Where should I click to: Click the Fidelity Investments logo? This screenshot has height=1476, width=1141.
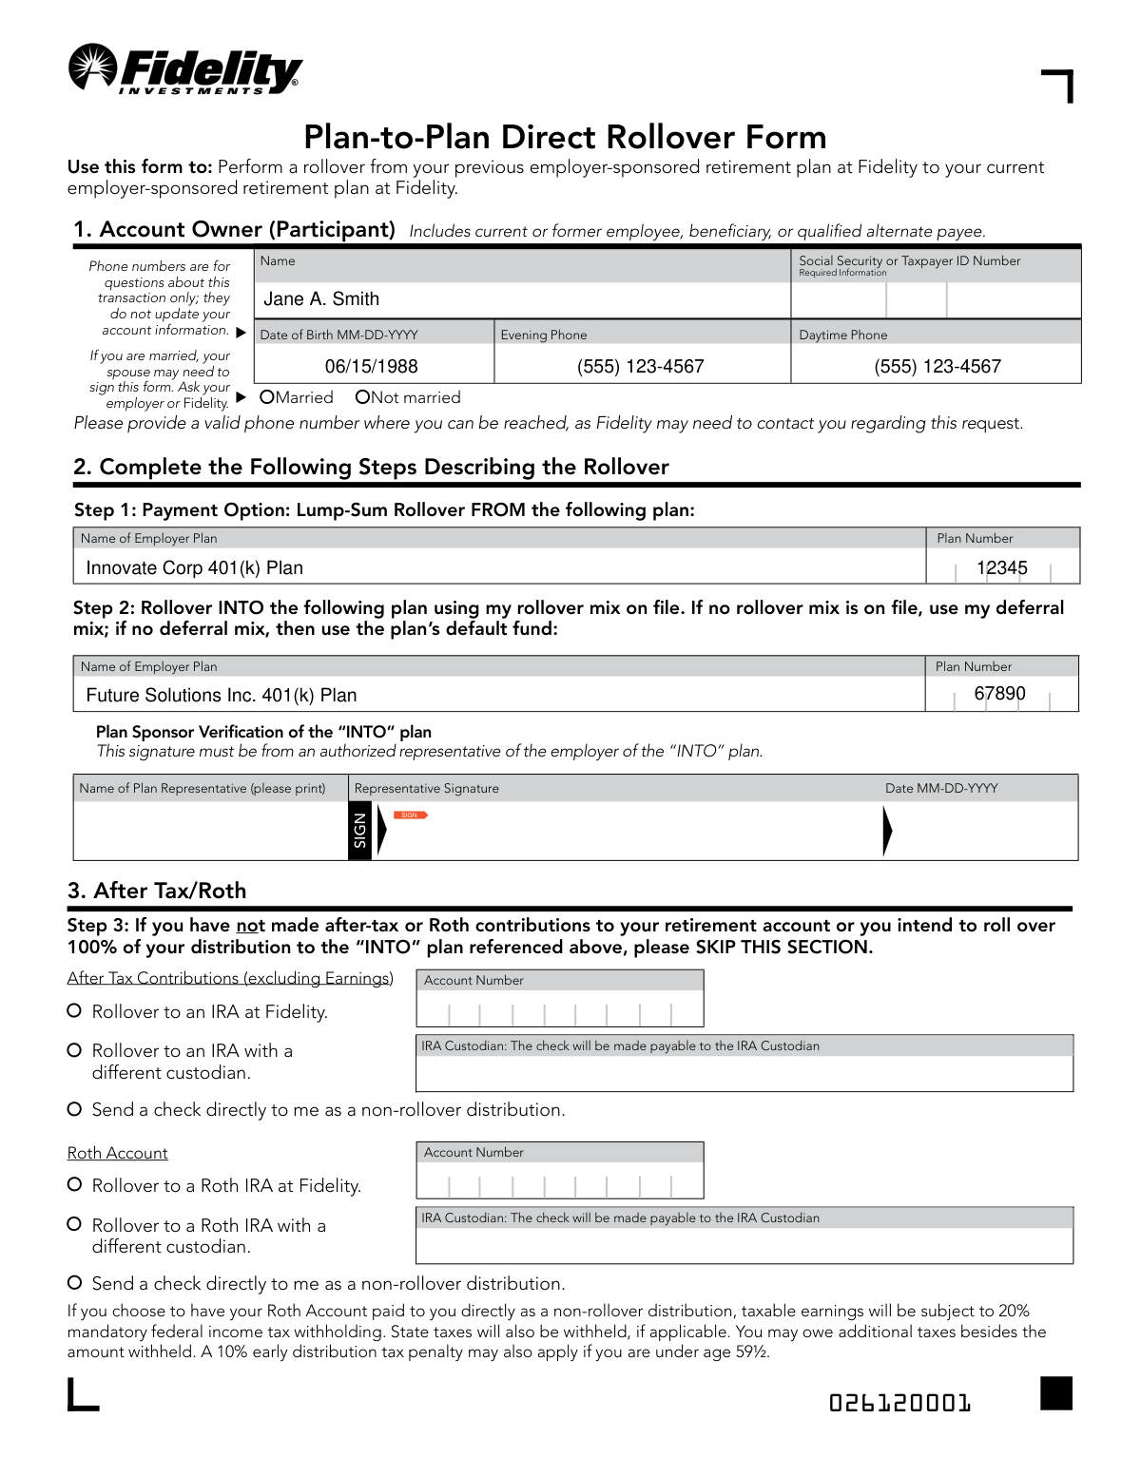tap(185, 69)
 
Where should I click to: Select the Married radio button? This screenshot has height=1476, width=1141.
tap(267, 397)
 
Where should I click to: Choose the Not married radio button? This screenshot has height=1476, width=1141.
tap(362, 397)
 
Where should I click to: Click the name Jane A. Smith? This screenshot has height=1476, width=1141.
tap(321, 299)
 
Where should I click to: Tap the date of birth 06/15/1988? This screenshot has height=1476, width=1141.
tap(371, 367)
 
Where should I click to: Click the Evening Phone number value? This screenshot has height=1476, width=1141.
tap(640, 367)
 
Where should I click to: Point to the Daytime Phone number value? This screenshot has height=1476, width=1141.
tap(937, 367)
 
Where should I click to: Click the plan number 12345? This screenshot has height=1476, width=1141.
tap(1001, 568)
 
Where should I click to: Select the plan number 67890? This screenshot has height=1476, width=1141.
tap(999, 694)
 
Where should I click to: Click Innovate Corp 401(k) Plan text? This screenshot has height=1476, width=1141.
tap(194, 568)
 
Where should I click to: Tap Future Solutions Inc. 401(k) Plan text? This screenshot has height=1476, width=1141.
tap(221, 696)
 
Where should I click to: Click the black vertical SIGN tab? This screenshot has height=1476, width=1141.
tap(359, 831)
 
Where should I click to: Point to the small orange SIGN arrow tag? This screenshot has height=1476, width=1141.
tap(411, 815)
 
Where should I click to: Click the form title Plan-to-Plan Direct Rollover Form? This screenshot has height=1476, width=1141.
tap(565, 138)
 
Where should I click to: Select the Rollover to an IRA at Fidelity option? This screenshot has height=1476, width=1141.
tap(74, 1011)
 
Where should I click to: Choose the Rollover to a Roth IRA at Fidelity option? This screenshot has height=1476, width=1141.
tap(74, 1184)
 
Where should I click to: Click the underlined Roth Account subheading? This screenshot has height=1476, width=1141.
tap(117, 1153)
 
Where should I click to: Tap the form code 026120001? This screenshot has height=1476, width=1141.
tap(899, 1403)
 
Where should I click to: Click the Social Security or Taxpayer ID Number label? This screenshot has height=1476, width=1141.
tap(909, 261)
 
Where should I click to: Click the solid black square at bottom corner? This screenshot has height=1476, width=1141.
tap(1055, 1393)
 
